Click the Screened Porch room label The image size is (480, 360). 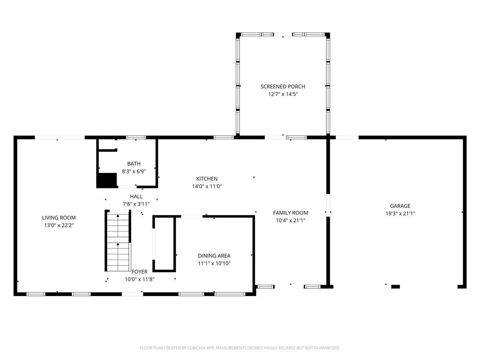click(x=283, y=86)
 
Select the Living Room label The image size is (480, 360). click(x=59, y=218)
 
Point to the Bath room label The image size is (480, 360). click(x=134, y=164)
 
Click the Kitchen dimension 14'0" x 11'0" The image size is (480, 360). click(x=207, y=186)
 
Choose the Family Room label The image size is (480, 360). click(x=290, y=213)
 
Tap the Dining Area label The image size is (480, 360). click(x=214, y=256)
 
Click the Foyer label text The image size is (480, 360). click(x=140, y=272)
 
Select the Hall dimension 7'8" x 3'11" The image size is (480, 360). click(x=136, y=204)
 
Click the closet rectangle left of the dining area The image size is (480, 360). click(x=164, y=244)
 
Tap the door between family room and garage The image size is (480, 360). click(x=328, y=205)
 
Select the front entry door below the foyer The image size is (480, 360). click(x=132, y=294)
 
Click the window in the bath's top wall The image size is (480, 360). click(x=136, y=138)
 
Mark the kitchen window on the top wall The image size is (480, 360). click(x=223, y=138)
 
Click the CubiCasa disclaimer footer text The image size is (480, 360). click(x=240, y=348)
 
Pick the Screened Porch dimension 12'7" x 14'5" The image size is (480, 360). click(x=283, y=94)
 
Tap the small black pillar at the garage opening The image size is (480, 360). click(x=395, y=286)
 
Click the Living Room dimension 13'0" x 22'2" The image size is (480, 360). click(x=59, y=225)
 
